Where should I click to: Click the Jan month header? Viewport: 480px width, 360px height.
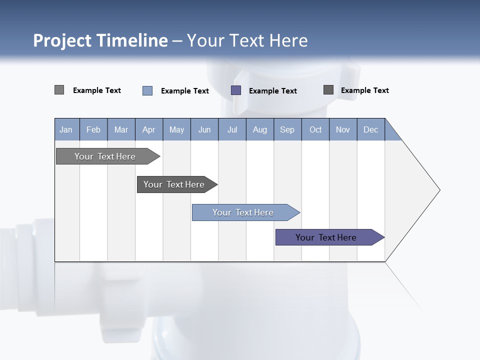pyautogui.click(x=66, y=129)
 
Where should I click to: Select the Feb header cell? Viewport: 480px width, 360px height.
pyautogui.click(x=93, y=129)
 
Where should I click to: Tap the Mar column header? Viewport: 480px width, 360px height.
pyautogui.click(x=121, y=129)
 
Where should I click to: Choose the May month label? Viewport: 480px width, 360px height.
pyautogui.click(x=176, y=129)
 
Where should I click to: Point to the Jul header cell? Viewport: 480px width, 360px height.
pyautogui.click(x=232, y=129)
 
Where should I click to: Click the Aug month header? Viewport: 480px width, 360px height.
pyautogui.click(x=260, y=129)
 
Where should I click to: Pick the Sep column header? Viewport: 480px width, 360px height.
pyautogui.click(x=287, y=129)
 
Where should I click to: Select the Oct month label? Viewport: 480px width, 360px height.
pyautogui.click(x=315, y=129)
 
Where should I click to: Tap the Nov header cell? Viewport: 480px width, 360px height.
pyautogui.click(x=343, y=129)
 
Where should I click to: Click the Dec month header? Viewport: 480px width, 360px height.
pyautogui.click(x=371, y=129)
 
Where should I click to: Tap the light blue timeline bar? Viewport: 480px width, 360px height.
pyautogui.click(x=243, y=212)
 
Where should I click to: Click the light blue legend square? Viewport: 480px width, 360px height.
pyautogui.click(x=147, y=90)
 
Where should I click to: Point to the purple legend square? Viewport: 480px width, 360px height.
pyautogui.click(x=236, y=90)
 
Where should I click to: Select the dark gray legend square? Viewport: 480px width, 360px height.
pyautogui.click(x=328, y=90)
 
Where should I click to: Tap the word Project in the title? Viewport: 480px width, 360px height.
pyautogui.click(x=61, y=40)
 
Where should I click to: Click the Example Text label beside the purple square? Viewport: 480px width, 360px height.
pyautogui.click(x=273, y=91)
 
